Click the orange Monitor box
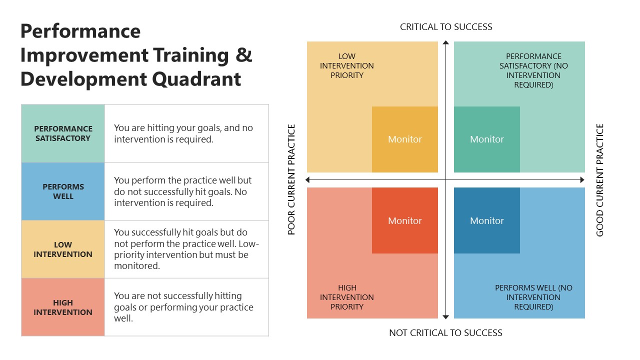[x=405, y=139]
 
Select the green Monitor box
[x=486, y=139]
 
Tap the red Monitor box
[x=405, y=220]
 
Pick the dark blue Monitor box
[x=486, y=220]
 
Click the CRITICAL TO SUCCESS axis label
[x=446, y=27]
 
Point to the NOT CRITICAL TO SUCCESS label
[x=445, y=333]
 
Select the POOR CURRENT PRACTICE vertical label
[x=292, y=179]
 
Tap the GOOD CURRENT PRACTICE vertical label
[x=600, y=179]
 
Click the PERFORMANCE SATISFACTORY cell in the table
[x=63, y=133]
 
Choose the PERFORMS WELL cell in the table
[x=63, y=191]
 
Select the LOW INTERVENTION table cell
[x=63, y=249]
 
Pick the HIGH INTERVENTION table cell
[x=63, y=307]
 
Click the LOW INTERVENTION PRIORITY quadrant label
[x=347, y=66]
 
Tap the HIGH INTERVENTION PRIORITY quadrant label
[x=347, y=297]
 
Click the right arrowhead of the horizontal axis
[x=581, y=179]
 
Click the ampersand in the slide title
[x=244, y=55]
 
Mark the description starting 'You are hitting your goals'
[x=183, y=133]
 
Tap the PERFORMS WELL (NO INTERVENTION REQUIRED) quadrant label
[x=533, y=297]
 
